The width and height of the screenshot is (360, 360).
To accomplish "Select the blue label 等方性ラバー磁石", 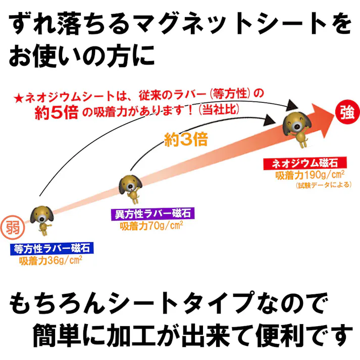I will point(52,248).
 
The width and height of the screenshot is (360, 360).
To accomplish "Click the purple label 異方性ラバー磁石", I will point(152,214).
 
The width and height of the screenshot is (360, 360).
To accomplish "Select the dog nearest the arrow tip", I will point(297,126).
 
